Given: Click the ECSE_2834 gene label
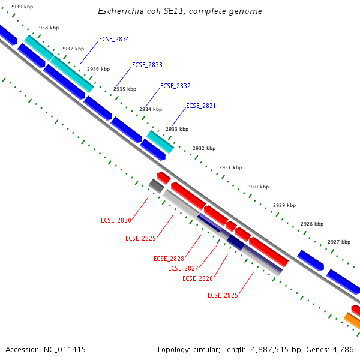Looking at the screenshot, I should pos(114,39).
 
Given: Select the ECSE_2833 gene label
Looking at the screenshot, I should pos(147,65).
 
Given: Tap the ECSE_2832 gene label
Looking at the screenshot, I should pos(175,86).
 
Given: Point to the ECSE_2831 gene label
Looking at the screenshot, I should pos(201,106).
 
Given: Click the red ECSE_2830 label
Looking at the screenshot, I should pos(116,220).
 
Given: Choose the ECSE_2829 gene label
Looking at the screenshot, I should pos(140,238).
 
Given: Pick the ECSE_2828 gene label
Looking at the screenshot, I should pos(169,259).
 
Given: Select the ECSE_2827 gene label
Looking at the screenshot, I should pos(183,268).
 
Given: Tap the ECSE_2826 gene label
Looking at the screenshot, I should pos(197,278).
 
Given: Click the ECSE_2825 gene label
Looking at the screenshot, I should pos(223,295).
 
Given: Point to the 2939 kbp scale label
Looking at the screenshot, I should pos(22,7).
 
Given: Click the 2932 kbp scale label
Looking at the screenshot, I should pos(204,148).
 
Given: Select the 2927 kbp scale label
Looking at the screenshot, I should pos(339,242).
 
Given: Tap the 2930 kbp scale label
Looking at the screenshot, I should pos(257,187).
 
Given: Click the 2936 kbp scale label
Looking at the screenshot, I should pos(98,69).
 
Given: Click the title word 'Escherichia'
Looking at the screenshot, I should pos(124,11).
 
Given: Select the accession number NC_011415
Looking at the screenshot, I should pos(65,349).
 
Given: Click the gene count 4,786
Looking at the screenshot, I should pos(341,349).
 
